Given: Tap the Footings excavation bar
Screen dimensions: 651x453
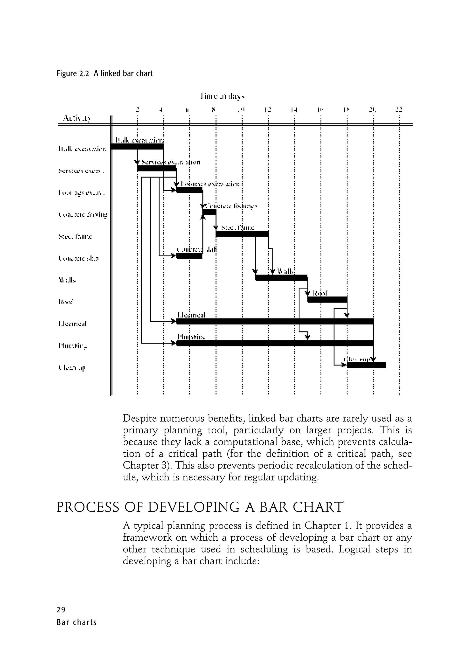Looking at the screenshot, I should click(189, 190).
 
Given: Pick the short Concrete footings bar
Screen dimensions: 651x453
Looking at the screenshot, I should click(209, 212).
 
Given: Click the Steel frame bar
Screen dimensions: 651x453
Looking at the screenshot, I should click(242, 234).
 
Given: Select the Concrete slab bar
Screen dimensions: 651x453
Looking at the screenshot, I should click(189, 256).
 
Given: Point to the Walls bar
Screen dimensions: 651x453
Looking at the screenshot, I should click(281, 278).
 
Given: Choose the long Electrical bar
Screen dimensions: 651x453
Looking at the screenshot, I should click(275, 321).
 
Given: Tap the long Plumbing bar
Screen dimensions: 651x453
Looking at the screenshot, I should click(275, 343).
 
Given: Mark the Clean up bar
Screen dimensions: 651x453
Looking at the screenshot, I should click(366, 365).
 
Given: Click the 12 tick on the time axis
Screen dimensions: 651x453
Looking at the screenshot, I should click(268, 109).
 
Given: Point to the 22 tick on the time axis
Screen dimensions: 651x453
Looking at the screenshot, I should click(399, 109).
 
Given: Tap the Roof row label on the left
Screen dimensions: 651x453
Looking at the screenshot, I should click(65, 302).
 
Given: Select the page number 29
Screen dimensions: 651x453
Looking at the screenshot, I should click(61, 610).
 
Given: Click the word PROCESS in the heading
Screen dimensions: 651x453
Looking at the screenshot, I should click(88, 507).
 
